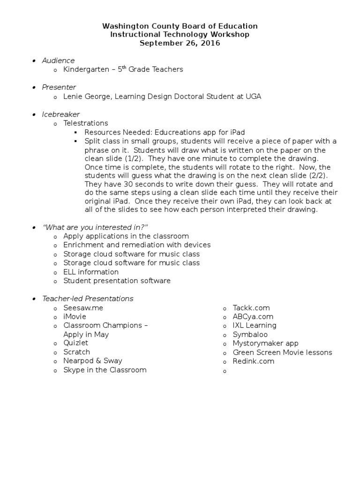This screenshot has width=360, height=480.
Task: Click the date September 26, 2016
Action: pos(180,43)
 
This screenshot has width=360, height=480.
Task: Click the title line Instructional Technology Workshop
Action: pos(180,34)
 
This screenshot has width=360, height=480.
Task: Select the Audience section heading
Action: pos(58,60)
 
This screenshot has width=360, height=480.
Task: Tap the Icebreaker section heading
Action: pos(61,114)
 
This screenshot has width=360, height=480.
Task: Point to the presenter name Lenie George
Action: pos(84,97)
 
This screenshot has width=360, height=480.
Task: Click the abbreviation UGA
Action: pos(252,97)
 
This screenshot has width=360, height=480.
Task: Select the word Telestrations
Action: pos(86,123)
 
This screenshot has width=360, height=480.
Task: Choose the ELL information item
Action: pos(91,272)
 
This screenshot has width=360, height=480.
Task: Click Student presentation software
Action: pos(117,281)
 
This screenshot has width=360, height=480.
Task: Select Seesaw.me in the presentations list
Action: pos(83,308)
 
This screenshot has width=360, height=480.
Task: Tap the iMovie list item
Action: pos(75,317)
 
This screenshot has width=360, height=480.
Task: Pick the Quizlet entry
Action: pos(76,343)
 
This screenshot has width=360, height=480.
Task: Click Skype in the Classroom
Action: pos(105,370)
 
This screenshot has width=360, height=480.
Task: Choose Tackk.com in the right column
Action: pos(251,308)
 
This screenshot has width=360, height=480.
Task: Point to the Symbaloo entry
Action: pos(250,335)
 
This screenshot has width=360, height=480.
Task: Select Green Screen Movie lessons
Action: pos(282,352)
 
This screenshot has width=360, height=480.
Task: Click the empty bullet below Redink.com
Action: pos(225,371)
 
